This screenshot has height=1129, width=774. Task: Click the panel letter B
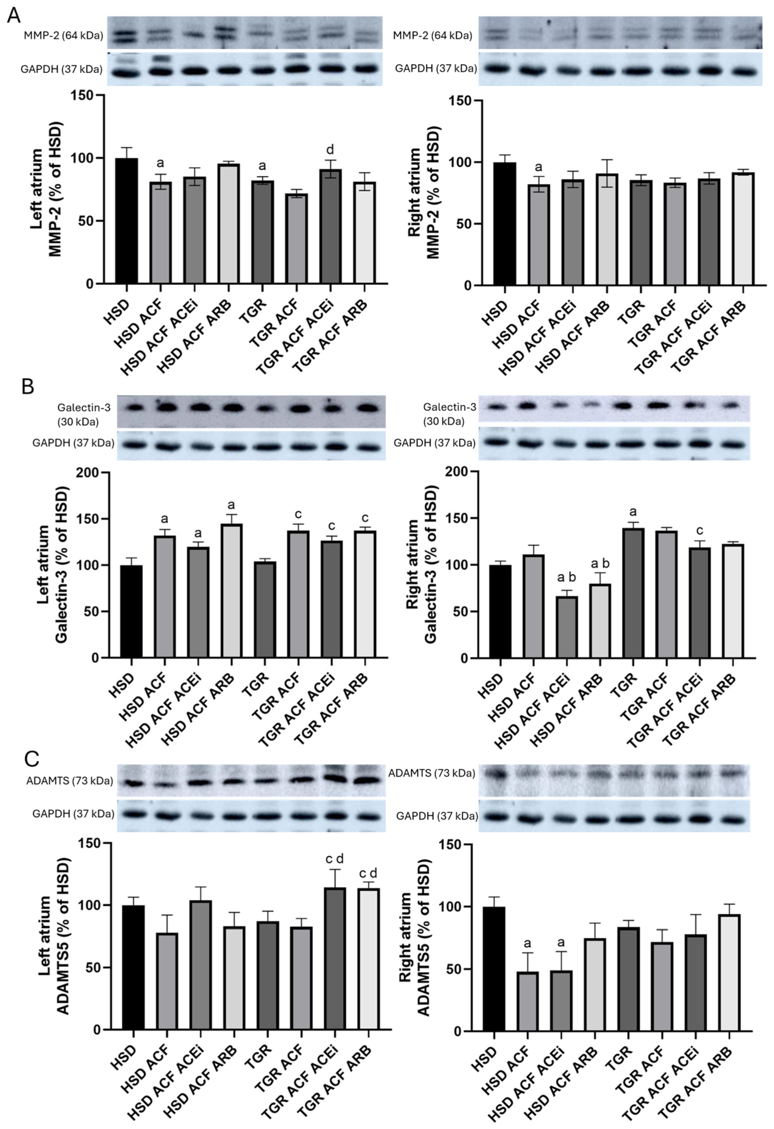28,387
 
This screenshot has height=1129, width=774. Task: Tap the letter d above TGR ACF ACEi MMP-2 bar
330,150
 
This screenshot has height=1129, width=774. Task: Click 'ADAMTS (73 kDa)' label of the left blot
69,781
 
